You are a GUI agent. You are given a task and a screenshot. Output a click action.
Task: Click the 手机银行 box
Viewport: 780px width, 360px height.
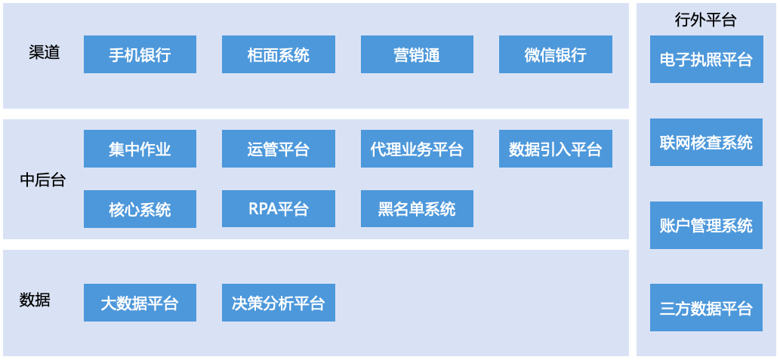140,54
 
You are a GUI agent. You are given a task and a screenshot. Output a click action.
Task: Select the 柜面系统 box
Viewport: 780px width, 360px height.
279,54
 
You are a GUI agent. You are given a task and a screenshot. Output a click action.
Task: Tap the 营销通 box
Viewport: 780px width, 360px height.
417,54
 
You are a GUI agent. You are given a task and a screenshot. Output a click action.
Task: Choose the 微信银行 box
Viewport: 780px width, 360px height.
556,54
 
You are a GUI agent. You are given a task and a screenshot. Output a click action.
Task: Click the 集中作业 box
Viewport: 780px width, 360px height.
140,149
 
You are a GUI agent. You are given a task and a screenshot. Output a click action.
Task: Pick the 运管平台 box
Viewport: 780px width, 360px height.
279,149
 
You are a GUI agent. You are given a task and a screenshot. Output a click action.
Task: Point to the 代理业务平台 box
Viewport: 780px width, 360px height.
417,149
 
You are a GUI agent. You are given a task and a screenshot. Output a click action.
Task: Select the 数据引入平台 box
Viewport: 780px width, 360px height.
556,149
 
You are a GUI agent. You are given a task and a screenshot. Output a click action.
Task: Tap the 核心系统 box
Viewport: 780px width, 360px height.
140,209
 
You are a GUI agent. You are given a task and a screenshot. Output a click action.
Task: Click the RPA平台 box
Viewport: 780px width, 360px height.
279,209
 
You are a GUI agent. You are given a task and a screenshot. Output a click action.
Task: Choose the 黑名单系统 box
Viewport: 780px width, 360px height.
417,209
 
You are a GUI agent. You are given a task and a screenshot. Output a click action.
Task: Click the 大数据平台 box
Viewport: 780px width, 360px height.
140,303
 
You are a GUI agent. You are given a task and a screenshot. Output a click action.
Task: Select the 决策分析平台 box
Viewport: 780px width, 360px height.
279,303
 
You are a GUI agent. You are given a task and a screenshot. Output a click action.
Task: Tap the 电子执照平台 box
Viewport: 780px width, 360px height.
706,59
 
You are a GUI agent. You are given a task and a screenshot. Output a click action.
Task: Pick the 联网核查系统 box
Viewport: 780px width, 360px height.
706,142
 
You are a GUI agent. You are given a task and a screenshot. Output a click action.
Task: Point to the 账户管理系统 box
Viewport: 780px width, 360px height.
706,225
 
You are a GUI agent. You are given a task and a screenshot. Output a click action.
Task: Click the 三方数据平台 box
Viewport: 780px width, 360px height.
706,308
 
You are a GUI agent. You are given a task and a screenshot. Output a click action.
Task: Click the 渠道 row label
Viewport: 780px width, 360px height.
45,53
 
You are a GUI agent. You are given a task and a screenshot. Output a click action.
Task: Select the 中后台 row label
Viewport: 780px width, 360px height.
43,180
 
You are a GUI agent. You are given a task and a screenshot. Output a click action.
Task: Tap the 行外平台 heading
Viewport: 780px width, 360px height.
705,20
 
